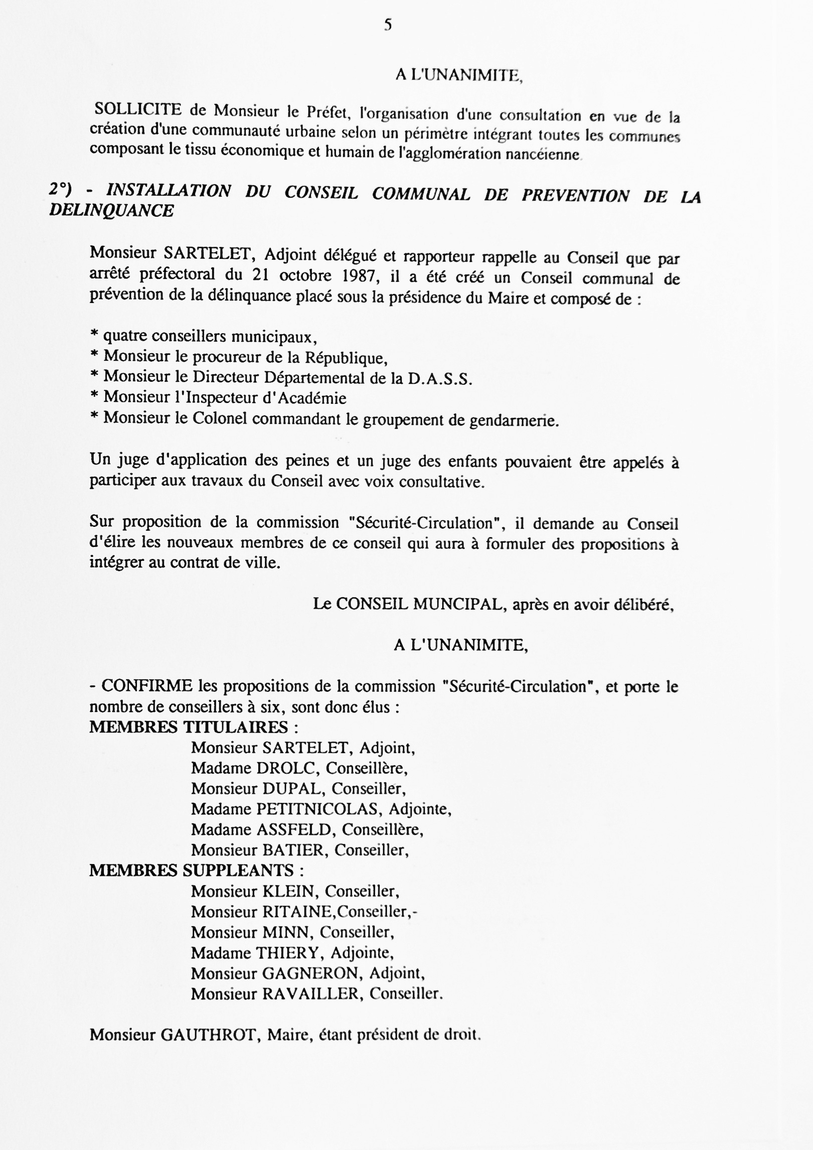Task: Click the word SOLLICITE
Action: click(x=138, y=109)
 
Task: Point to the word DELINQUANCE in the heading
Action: click(x=111, y=211)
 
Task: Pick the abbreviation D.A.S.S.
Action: click(x=440, y=378)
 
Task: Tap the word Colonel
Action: click(x=220, y=418)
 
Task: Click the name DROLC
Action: click(x=285, y=768)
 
